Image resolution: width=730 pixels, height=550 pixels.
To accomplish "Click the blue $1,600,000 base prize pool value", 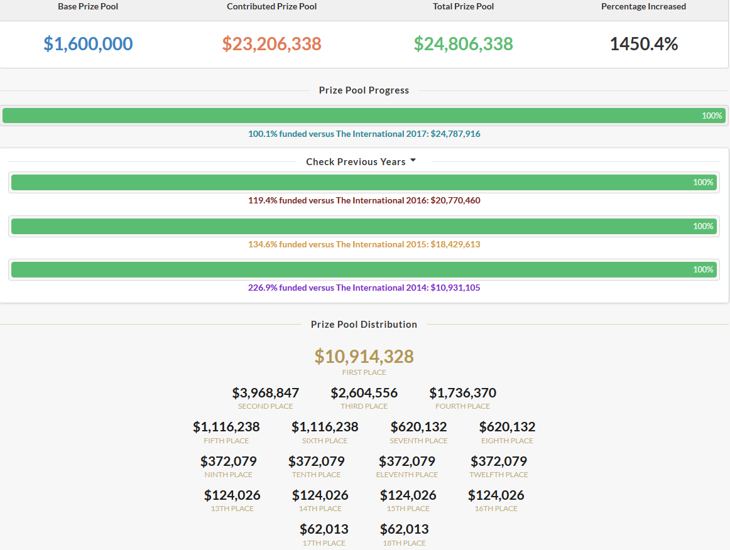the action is (88, 44).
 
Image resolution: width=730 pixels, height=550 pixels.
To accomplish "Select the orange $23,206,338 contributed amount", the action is (272, 44).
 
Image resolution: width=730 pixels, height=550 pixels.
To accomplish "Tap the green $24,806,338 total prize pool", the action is (463, 44).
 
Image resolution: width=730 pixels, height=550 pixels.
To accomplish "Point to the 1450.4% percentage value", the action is (644, 44).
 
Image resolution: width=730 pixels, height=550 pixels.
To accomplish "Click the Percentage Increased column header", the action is (643, 6).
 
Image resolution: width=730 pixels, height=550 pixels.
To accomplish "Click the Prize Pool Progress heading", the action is (364, 90).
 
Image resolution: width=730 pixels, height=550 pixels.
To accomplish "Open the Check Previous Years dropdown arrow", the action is (413, 161).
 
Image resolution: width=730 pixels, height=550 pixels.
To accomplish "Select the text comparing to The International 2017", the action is (364, 134).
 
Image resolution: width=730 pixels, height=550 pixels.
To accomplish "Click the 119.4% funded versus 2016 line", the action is (364, 200).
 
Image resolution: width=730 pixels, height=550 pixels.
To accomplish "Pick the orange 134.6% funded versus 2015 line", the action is (364, 244).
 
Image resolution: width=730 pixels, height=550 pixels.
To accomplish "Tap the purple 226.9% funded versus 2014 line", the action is (364, 288).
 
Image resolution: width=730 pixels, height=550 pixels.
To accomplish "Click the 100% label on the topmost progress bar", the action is (712, 116).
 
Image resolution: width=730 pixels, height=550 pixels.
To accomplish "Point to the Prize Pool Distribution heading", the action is (364, 325).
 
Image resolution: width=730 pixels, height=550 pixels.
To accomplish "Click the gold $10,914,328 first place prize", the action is (364, 357).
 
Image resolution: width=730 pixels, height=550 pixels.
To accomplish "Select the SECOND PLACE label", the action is (265, 406).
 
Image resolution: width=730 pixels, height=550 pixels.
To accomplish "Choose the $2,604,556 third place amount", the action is (364, 393).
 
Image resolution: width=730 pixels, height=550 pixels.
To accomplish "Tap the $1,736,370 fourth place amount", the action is (463, 393).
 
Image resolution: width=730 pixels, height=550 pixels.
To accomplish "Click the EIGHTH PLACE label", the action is (507, 441).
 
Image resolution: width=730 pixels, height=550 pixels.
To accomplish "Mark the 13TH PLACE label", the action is (232, 509).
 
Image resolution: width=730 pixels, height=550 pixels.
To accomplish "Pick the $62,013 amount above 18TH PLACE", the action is (404, 529).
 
